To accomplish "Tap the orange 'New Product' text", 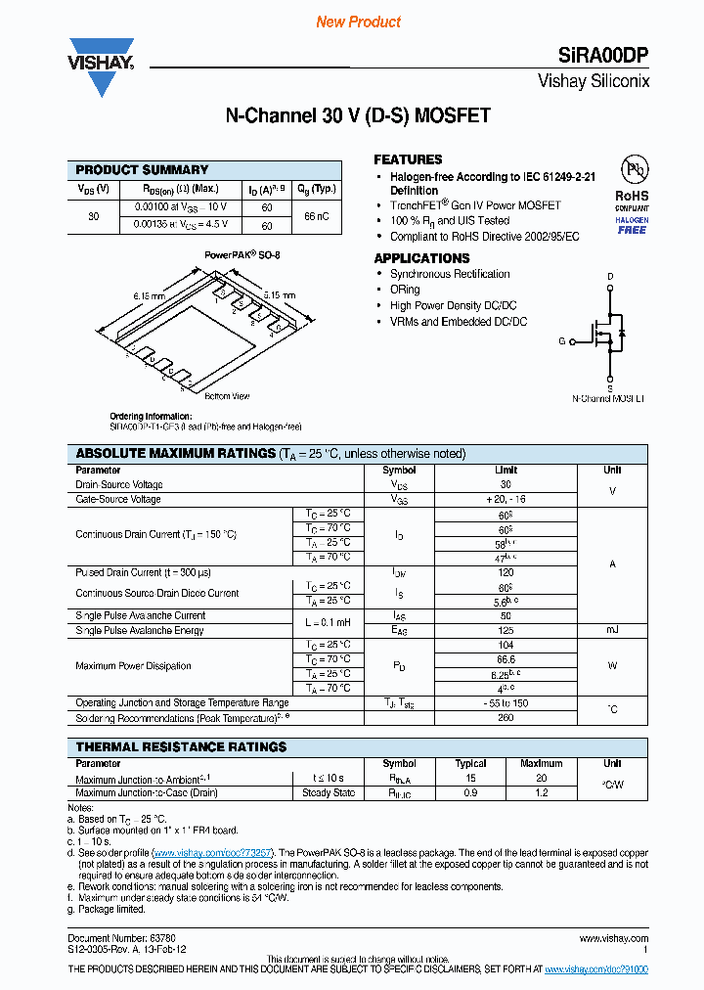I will click(358, 22).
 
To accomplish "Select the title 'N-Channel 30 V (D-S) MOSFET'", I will click(358, 116).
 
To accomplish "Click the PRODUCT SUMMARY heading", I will click(142, 169).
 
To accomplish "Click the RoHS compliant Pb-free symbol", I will click(632, 172).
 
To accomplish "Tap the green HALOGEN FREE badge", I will click(632, 225).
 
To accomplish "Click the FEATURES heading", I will click(408, 159).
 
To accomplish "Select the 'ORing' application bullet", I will click(405, 290).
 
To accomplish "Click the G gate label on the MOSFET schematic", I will click(561, 341).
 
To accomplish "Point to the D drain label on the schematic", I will click(610, 277).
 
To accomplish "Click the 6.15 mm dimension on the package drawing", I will click(149, 294).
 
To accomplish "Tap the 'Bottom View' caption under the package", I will click(227, 396).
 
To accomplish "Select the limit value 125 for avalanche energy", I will click(506, 631).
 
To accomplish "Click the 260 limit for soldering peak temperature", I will click(506, 718).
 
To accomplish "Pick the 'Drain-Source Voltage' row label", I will click(119, 485).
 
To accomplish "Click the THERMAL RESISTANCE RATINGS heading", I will click(181, 746).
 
